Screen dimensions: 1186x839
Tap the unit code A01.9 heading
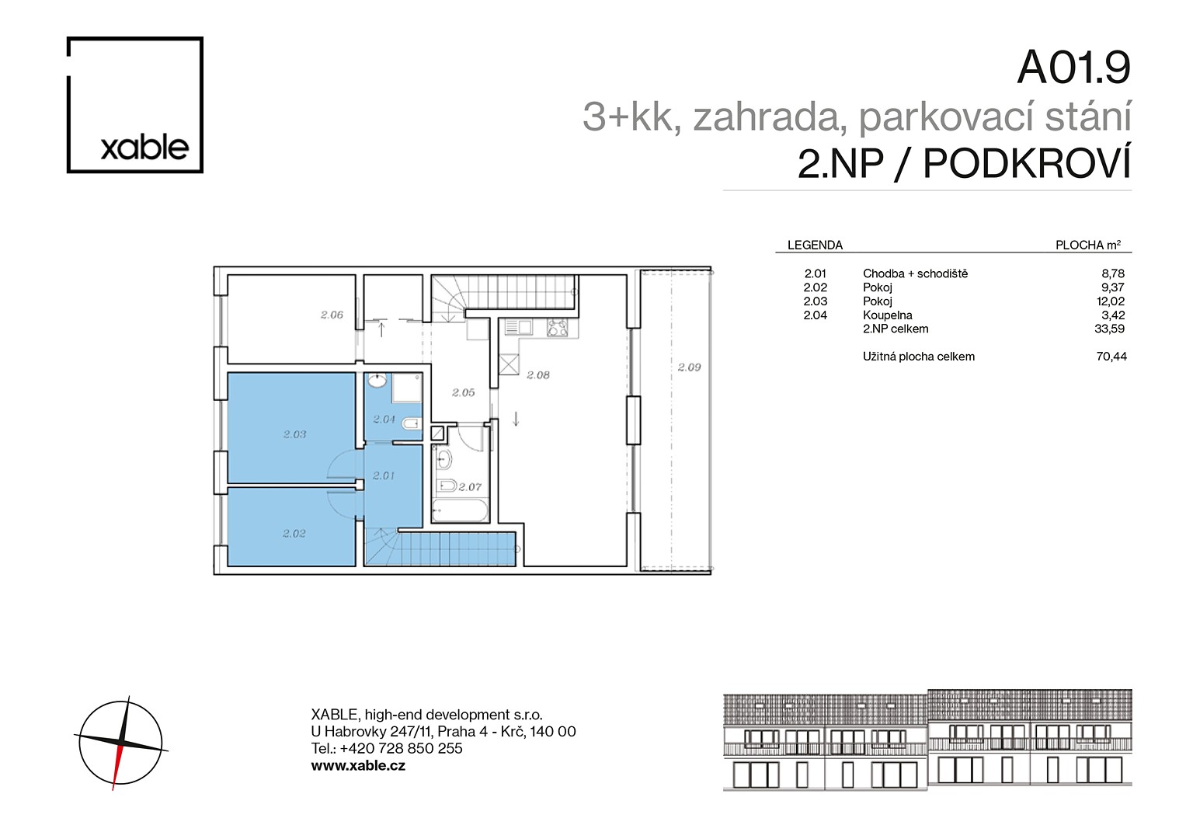point(1073,68)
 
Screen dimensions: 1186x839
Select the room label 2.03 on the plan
point(294,434)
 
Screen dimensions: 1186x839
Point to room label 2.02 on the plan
point(294,534)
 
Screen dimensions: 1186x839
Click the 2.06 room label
point(332,315)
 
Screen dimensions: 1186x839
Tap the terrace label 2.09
point(689,367)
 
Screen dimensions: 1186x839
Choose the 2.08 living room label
point(538,375)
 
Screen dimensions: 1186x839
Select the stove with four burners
point(557,327)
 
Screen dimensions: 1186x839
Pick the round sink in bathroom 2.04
point(377,381)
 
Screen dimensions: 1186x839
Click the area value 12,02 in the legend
point(1111,301)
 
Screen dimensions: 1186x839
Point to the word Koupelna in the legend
point(888,315)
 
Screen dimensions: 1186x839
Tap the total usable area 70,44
point(1111,357)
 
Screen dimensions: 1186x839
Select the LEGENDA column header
point(815,245)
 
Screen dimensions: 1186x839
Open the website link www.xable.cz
point(358,765)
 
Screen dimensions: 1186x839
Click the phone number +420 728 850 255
point(401,748)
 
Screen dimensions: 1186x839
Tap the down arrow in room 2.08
point(516,419)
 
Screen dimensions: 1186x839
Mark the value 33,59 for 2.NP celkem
point(1110,329)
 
